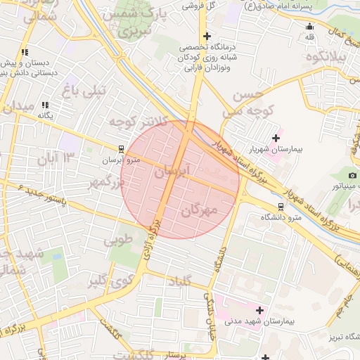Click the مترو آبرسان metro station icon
click(x=122, y=149)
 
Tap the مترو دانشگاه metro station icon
click(x=281, y=207)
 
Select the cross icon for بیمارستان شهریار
click(x=275, y=137)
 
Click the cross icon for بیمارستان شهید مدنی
click(x=259, y=309)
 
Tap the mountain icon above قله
click(x=309, y=27)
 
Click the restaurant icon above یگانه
click(x=46, y=105)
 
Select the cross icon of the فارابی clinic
click(x=206, y=36)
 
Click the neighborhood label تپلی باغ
click(x=84, y=90)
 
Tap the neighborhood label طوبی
click(x=118, y=240)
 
